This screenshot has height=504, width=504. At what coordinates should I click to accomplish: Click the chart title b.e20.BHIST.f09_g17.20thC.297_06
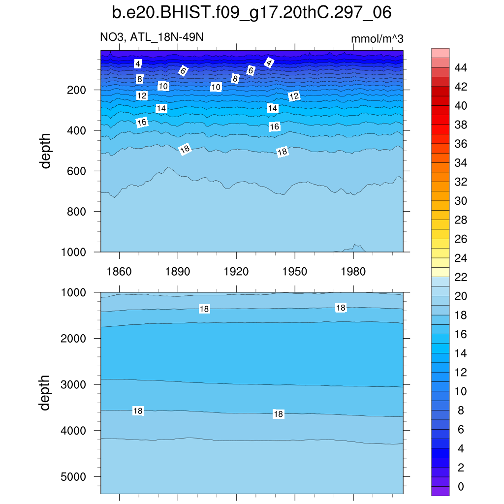[x=252, y=13]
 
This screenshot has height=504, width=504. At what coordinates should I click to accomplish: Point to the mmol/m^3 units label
[x=377, y=39]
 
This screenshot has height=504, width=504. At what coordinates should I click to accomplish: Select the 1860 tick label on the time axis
[x=119, y=272]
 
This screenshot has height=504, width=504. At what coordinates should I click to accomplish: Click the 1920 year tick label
[x=236, y=272]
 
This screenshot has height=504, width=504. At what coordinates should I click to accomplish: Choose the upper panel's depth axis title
[x=46, y=151]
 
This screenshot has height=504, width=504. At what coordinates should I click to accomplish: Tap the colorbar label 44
[x=460, y=67]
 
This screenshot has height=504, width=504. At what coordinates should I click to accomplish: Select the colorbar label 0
[x=460, y=486]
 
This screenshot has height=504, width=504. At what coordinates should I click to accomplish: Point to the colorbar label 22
[x=460, y=277]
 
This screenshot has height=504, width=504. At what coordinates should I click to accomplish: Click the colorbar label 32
[x=460, y=182]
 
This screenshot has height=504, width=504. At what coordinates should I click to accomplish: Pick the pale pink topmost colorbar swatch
[x=441, y=53]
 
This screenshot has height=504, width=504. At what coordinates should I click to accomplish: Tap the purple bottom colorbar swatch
[x=441, y=491]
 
